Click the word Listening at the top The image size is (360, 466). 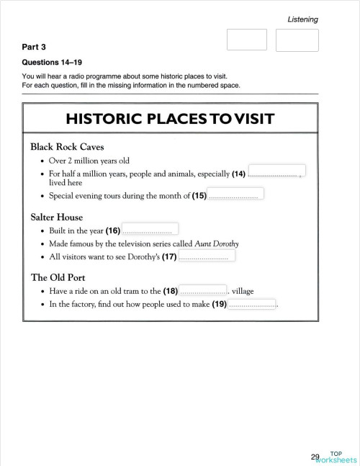302,19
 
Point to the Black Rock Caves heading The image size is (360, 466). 67,146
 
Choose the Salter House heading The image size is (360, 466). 56,217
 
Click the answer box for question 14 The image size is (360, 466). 276,171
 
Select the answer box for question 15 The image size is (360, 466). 235,193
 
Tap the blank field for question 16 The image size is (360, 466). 150,229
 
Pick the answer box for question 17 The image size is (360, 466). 206,255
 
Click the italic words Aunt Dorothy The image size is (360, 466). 217,243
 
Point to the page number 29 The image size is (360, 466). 315,456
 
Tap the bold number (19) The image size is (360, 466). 219,305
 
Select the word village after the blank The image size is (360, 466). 243,292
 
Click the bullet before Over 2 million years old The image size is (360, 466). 43,161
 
